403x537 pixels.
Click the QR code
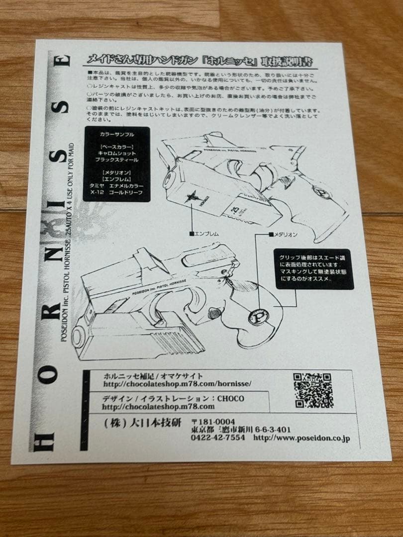(x=313, y=390)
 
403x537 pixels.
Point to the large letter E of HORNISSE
(x=63, y=61)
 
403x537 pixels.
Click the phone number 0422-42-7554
(x=217, y=438)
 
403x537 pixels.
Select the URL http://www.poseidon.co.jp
(x=302, y=438)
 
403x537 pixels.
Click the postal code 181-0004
(x=217, y=422)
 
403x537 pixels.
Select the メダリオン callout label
(x=283, y=233)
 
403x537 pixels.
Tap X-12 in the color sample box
(x=94, y=192)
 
